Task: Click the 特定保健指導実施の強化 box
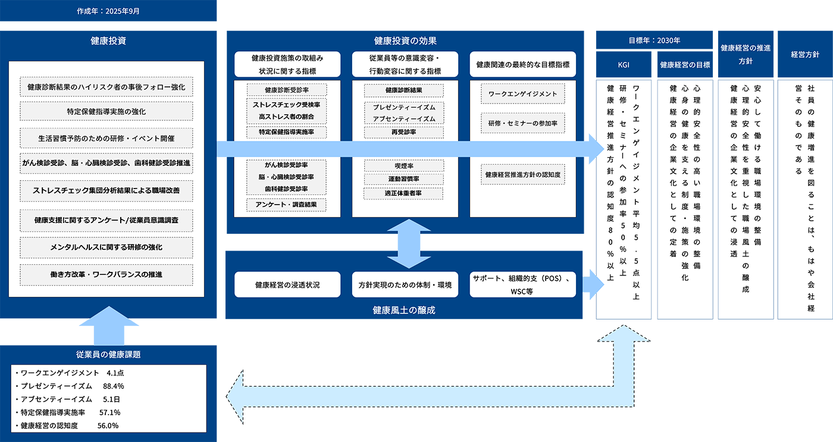(x=107, y=111)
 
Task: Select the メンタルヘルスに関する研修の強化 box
(x=107, y=247)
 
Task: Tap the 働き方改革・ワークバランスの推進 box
(x=107, y=274)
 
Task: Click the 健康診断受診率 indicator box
(x=287, y=90)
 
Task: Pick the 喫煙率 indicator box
(x=404, y=166)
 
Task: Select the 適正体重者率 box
(x=404, y=193)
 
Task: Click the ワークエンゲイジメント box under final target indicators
(x=522, y=94)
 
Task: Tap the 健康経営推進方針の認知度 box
(x=522, y=175)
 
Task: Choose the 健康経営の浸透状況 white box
(x=287, y=285)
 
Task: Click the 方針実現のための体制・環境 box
(x=405, y=285)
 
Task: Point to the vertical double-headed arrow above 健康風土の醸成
(x=409, y=244)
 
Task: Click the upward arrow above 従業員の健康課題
(x=109, y=325)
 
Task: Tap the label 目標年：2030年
(x=654, y=41)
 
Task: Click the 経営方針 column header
(x=805, y=54)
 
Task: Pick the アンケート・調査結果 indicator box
(x=287, y=205)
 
